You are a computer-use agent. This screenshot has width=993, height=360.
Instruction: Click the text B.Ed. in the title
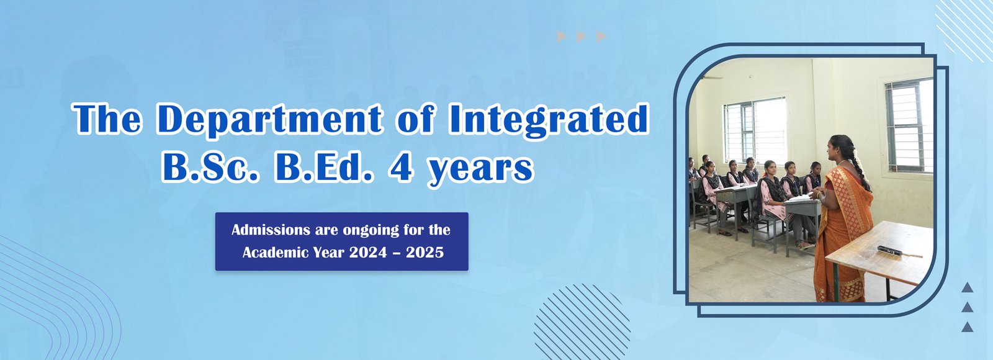click(323, 168)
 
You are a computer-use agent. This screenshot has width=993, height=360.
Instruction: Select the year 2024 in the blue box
click(368, 252)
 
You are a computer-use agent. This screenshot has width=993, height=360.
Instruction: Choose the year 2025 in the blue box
click(425, 252)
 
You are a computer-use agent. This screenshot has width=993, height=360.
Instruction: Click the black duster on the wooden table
click(890, 251)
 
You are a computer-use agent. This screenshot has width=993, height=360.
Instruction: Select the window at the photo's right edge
click(909, 125)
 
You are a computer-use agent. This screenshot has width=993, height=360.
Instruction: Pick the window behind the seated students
click(755, 131)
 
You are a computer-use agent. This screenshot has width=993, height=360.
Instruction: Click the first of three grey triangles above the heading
click(561, 37)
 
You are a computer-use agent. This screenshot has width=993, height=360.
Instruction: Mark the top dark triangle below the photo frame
click(968, 287)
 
